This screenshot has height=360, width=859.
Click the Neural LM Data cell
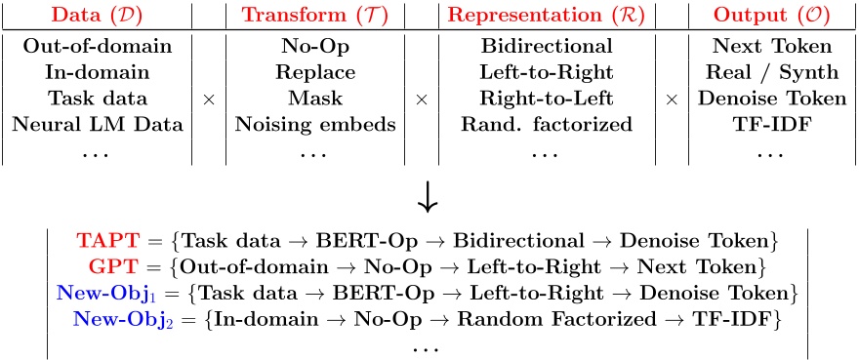point(98,125)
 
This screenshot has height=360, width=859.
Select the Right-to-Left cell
point(548,99)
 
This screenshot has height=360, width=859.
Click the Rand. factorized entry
point(548,125)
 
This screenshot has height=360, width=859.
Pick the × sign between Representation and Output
point(671,100)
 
